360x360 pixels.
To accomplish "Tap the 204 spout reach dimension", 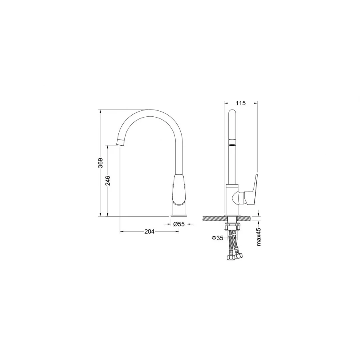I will click(x=149, y=232).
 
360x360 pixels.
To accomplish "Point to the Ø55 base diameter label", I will click(x=179, y=224).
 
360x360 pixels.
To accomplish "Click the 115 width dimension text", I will click(x=240, y=103).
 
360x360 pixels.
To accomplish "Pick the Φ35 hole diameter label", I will click(x=217, y=238).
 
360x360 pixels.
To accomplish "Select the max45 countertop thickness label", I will click(x=259, y=236).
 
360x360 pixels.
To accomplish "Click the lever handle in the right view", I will click(x=251, y=188).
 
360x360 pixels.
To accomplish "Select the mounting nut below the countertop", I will click(x=232, y=227).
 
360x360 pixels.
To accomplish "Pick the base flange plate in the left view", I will click(x=179, y=216).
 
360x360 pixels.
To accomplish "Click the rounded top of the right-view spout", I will click(x=232, y=112).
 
